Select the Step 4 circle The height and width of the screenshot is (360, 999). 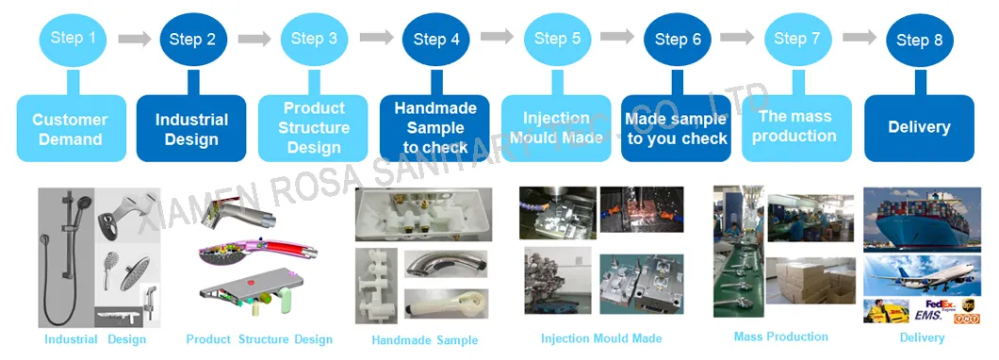(x=435, y=39)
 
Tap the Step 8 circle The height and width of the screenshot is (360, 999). (x=919, y=40)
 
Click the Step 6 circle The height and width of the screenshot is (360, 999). (x=677, y=40)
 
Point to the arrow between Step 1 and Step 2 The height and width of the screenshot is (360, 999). (x=133, y=39)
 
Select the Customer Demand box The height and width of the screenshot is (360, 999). (x=71, y=129)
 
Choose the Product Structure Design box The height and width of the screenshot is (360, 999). (x=314, y=128)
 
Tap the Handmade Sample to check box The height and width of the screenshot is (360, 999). (x=434, y=128)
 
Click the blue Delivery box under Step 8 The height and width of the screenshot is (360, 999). (x=919, y=127)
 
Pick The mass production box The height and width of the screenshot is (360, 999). (x=797, y=126)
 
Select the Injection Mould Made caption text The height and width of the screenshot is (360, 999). (x=600, y=338)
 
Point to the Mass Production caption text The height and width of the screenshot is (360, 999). (x=780, y=336)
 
